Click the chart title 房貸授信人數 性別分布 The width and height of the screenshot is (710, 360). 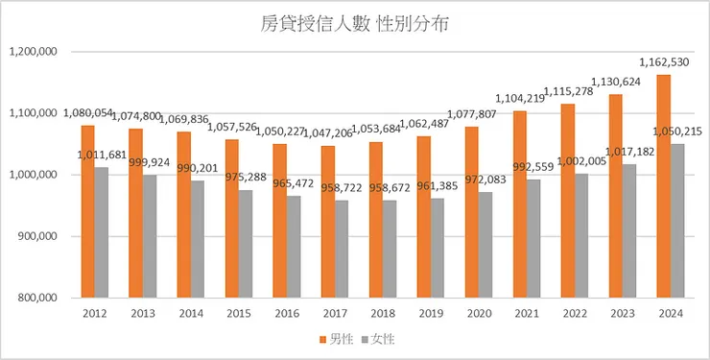coord(355,25)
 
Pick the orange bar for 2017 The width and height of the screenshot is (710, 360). coord(328,221)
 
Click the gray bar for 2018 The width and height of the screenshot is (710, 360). coord(390,249)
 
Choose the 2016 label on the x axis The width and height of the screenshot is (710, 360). coord(287,314)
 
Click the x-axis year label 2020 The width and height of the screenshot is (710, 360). coord(479,314)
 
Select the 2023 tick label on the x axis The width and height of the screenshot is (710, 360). coord(623,314)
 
